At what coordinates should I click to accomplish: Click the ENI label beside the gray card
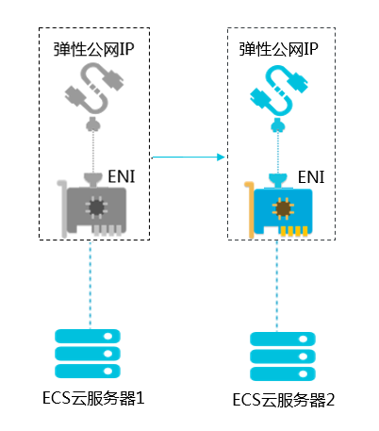122,176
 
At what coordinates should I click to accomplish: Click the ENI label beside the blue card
311,177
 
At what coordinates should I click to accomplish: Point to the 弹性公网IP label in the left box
93,49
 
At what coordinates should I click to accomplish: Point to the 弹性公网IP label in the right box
278,49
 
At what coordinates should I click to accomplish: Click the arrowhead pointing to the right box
222,157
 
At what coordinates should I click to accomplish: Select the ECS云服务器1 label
93,398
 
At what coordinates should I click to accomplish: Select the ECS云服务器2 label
284,400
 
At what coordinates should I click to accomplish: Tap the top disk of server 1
88,336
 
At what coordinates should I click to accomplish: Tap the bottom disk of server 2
283,373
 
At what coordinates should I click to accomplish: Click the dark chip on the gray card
96,207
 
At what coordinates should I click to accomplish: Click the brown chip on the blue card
283,208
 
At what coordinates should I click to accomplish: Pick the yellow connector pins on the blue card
294,231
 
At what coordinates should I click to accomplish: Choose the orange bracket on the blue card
250,210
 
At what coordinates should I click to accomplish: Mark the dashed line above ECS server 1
90,285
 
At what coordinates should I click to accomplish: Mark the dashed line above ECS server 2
276,286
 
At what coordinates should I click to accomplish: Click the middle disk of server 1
88,354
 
